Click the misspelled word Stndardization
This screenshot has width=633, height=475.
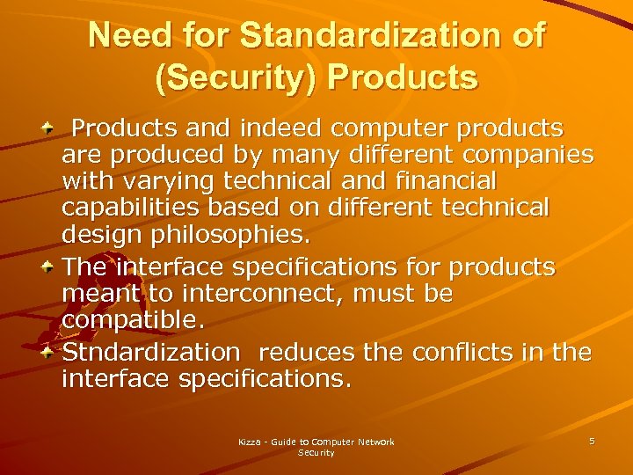click(150, 353)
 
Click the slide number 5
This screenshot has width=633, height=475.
click(592, 441)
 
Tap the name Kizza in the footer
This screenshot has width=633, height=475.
click(251, 442)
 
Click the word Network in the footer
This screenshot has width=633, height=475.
click(376, 442)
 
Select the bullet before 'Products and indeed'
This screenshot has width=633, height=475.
click(49, 129)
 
